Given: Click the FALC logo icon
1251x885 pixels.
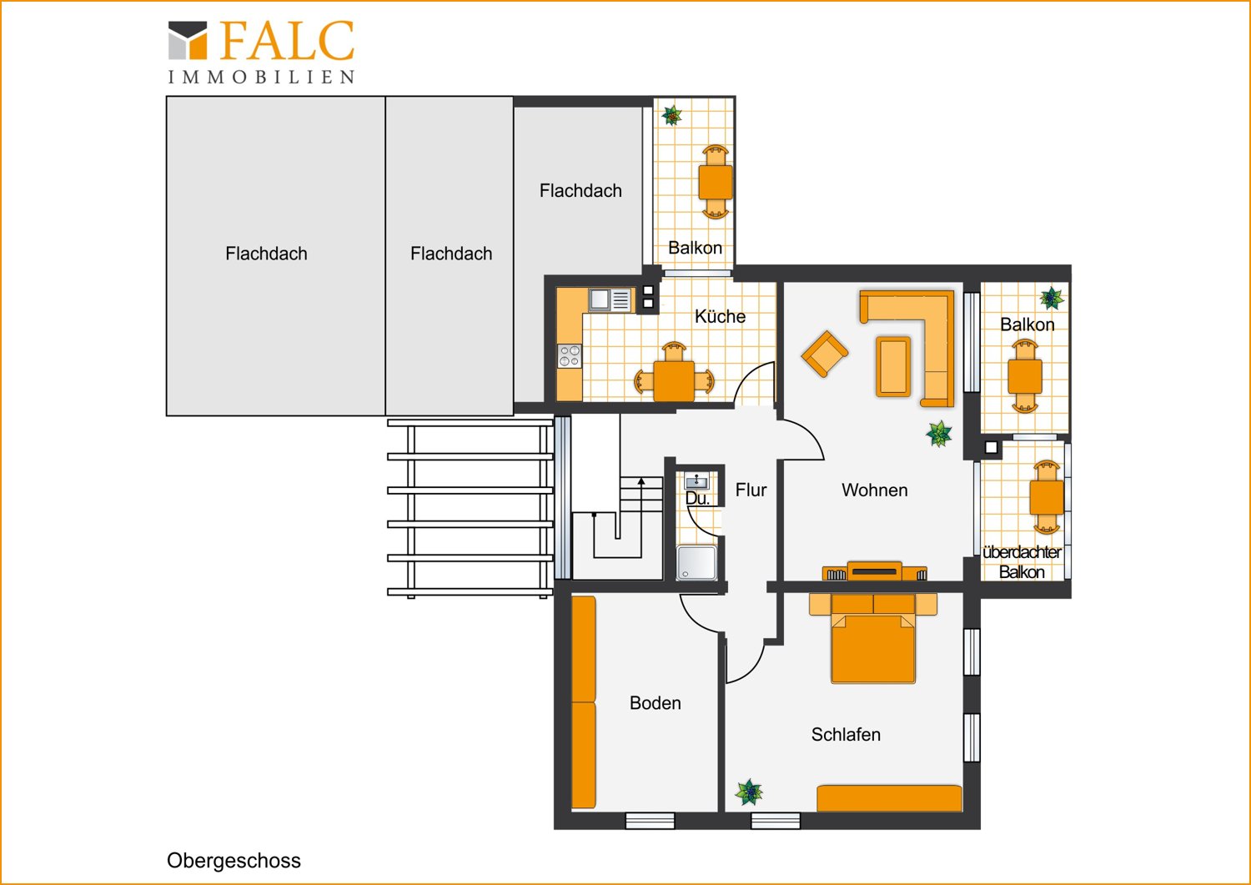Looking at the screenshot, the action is click(x=188, y=40).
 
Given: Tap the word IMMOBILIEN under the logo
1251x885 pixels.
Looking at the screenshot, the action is click(x=261, y=77).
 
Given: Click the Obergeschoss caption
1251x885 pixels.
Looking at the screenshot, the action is click(x=234, y=861).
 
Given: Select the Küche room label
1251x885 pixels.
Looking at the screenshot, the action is click(x=720, y=316).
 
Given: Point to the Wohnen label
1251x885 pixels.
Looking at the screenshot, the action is click(x=875, y=490).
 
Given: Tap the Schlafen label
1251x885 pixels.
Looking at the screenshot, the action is click(x=846, y=734).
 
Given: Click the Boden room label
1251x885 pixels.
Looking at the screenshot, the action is click(x=655, y=703).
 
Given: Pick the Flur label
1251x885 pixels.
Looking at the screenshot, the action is click(x=751, y=490).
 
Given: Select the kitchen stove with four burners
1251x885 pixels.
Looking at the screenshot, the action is click(x=570, y=356).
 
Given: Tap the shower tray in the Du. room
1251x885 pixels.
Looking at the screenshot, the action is click(x=696, y=563).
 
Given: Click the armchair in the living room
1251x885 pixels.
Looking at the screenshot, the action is click(x=825, y=354).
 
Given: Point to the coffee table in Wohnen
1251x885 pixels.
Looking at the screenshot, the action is click(x=893, y=366).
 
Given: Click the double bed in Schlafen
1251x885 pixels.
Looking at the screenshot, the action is click(x=873, y=638).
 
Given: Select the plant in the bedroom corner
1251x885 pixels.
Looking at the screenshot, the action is click(x=749, y=792).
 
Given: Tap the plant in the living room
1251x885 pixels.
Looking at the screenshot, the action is click(x=939, y=434).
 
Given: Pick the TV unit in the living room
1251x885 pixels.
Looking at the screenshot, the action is click(x=875, y=571).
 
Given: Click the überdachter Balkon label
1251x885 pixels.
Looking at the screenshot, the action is click(x=1022, y=562).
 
